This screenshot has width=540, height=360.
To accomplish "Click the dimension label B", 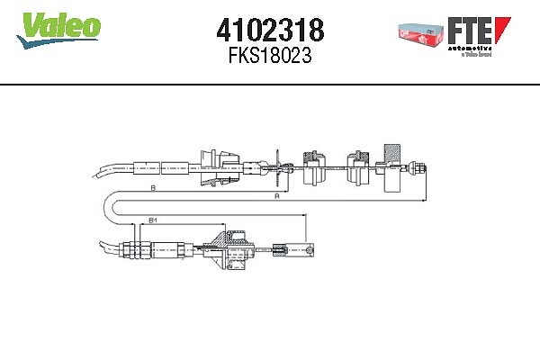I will (x=153, y=189).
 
